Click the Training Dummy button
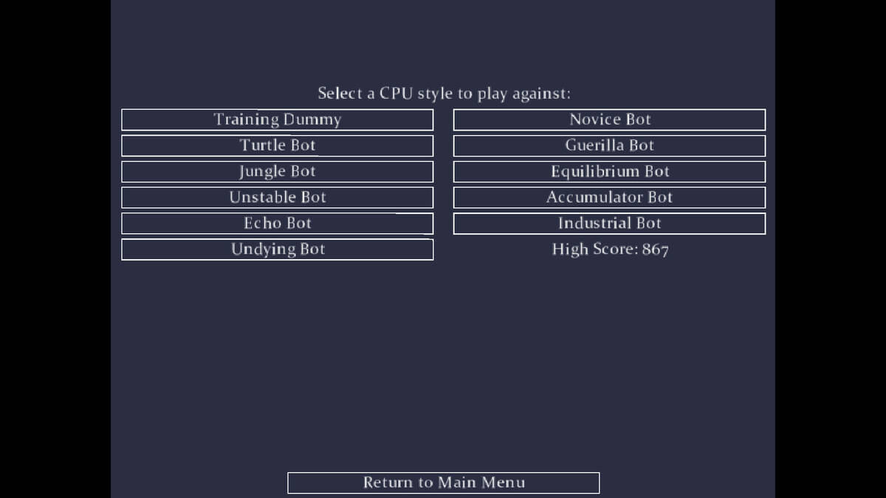278,120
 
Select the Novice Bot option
610,120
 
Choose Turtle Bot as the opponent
278,146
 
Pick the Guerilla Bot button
610,146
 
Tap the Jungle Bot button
278,171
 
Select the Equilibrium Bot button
610,171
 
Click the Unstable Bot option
278,198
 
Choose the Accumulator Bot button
610,198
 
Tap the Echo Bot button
278,224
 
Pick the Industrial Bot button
610,224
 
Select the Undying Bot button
278,249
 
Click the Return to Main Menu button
444,483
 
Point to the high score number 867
656,249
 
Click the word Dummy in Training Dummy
312,120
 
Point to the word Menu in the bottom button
503,483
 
